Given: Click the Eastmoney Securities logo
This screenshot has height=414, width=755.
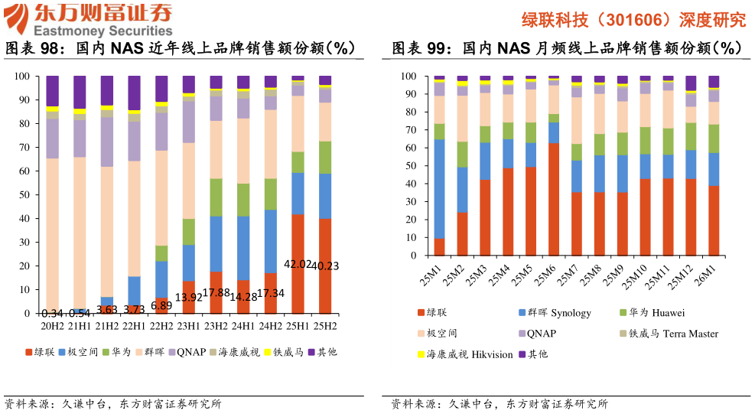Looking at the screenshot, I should point(88,21).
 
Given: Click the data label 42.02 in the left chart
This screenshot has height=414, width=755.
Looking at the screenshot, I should point(298,264).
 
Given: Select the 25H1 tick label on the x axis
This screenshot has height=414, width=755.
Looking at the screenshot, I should point(298,325).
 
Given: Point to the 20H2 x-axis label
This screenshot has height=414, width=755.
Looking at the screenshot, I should point(52,325).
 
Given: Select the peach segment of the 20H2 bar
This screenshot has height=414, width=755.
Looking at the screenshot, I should point(52,230).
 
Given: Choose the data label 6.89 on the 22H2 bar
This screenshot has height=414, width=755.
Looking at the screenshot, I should point(161,305).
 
